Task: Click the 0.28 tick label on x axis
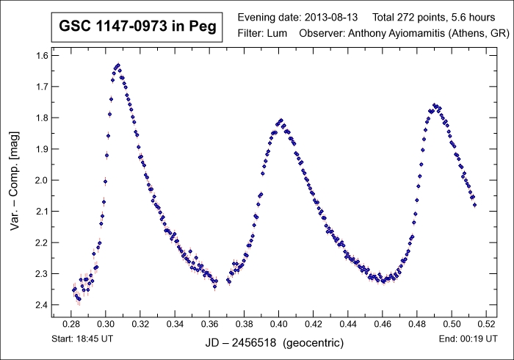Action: tap(71, 324)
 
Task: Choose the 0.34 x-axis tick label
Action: tap(175, 324)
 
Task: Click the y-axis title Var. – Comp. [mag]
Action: tap(15, 179)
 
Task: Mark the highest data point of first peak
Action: tap(117, 65)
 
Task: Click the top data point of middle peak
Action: tap(280, 120)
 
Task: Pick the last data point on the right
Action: tap(474, 204)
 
